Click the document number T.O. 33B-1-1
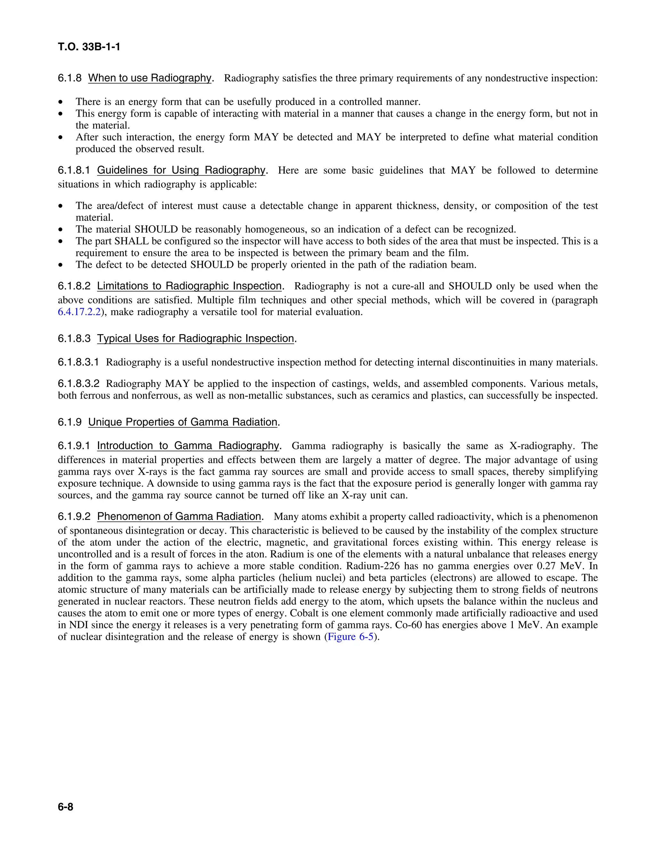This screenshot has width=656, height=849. [89, 47]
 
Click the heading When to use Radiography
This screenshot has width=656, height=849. [150, 78]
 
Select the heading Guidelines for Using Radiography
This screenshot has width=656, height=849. [181, 170]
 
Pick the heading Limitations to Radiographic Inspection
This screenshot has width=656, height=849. [189, 286]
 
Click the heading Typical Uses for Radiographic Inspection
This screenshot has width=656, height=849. [195, 338]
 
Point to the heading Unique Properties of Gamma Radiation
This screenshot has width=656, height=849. [183, 422]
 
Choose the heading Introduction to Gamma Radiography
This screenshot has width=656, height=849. [188, 446]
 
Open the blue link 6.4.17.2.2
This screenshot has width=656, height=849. [79, 312]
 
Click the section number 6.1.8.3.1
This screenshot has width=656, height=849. [78, 362]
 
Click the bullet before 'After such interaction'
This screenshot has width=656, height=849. [60, 137]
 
